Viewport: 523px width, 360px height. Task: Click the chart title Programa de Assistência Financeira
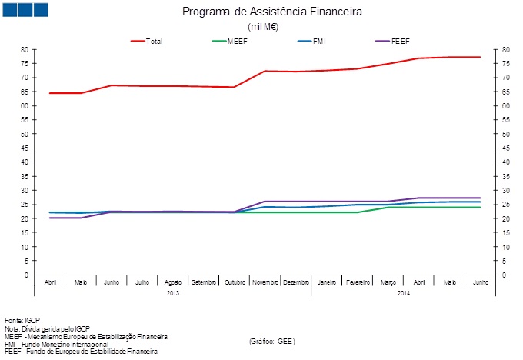pos(271,12)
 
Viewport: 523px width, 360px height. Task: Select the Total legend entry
pos(154,41)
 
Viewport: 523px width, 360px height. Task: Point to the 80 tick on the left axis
pos(25,49)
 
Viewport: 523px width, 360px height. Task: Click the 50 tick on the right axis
pos(506,134)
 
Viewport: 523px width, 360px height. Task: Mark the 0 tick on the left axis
pos(26,275)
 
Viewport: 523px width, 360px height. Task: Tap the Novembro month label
pos(265,283)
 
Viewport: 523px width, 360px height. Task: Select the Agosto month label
pos(172,283)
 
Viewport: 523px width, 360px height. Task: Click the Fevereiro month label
pos(357,283)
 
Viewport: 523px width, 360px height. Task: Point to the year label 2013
pos(173,293)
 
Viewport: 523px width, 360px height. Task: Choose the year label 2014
pos(403,293)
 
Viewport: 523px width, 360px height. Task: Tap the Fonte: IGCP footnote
pos(22,320)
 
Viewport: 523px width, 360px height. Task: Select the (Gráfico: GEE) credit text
pos(272,340)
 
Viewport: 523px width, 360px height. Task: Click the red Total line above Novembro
pos(265,71)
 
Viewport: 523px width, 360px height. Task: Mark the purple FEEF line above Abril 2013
pos(50,218)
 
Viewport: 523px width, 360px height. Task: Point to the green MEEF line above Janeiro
pos(326,212)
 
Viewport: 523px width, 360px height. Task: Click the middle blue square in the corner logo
pos(25,9)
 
